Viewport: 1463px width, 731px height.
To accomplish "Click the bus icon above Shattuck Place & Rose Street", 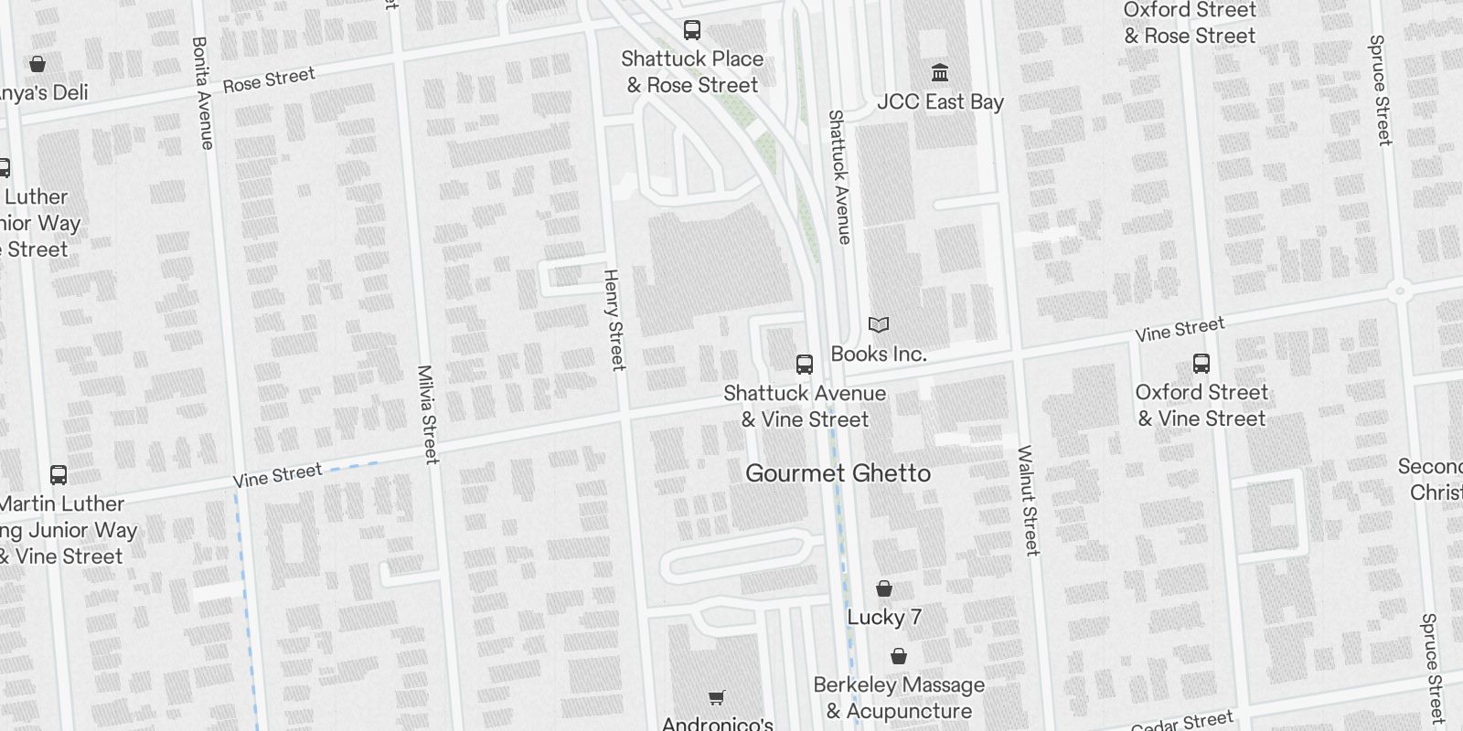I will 692,30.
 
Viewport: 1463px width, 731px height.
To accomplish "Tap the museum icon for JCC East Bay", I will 940,72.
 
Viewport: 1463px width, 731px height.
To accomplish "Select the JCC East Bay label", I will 940,102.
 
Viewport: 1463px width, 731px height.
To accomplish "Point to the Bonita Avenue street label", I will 203,92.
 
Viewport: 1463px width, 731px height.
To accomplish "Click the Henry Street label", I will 614,319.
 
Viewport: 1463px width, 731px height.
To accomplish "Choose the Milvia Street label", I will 427,414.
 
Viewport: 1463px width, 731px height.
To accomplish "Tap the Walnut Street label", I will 1029,500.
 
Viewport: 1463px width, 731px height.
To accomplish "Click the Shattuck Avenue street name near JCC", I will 839,176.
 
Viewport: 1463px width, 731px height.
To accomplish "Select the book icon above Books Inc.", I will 879,324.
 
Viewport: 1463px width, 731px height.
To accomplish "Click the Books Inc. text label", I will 879,355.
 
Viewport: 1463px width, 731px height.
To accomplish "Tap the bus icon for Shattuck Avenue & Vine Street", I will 805,365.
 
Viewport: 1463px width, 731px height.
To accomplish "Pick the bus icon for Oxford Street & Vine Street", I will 1201,364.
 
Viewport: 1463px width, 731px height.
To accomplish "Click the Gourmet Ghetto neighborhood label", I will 838,473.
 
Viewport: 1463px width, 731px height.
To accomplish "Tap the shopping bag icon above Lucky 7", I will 883,588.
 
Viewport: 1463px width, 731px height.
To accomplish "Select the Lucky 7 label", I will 883,618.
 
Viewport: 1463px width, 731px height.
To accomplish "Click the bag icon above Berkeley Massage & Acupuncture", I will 899,656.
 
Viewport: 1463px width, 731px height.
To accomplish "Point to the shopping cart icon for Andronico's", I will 717,698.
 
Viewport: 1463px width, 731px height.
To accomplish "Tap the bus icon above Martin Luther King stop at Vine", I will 59,475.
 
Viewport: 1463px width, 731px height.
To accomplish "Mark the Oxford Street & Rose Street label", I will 1190,24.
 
